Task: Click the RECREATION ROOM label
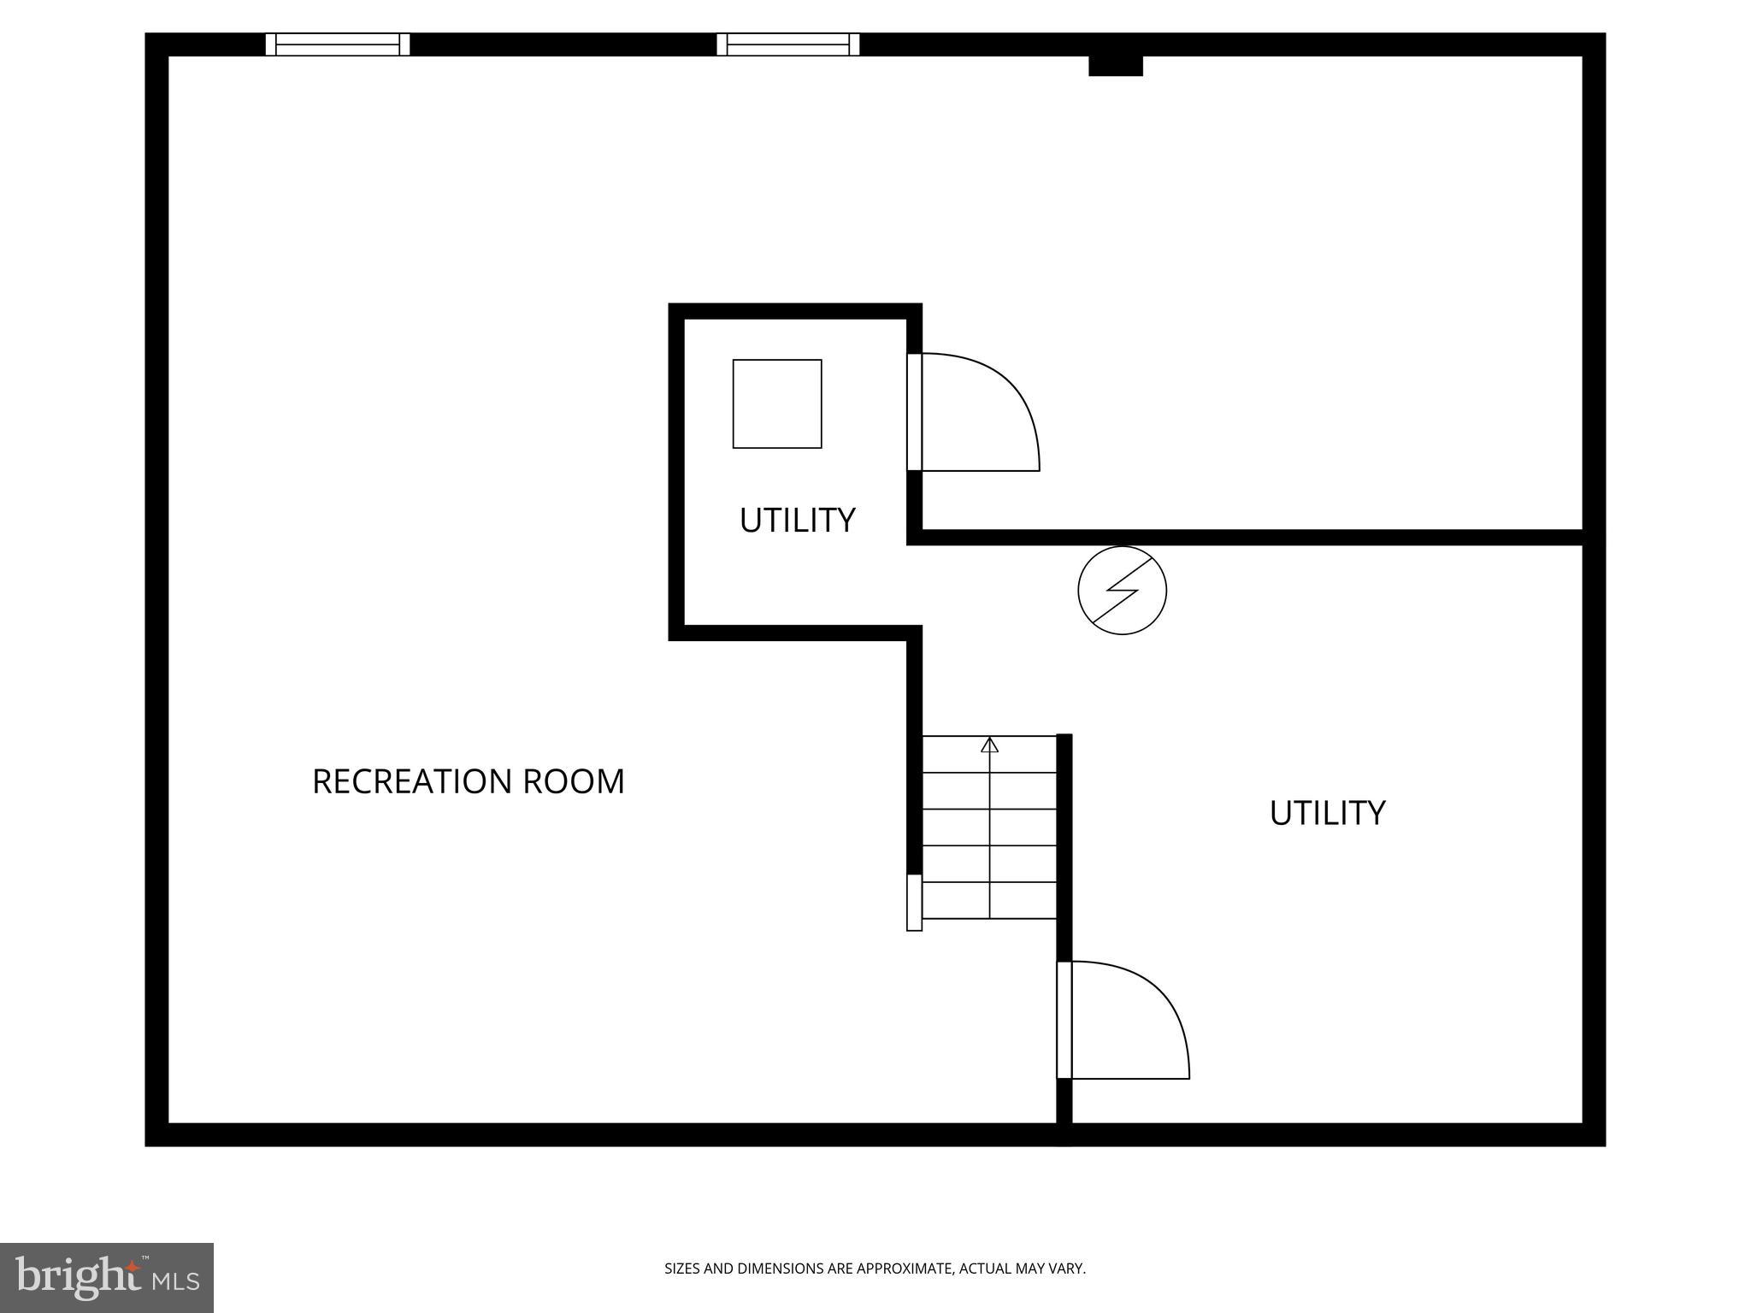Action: pyautogui.click(x=468, y=781)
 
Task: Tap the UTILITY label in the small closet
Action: pyautogui.click(x=797, y=521)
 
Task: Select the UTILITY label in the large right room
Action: pyautogui.click(x=1327, y=813)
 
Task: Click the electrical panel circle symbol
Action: pyautogui.click(x=1122, y=591)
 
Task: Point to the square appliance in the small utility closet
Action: pyautogui.click(x=776, y=403)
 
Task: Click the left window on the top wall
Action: pyautogui.click(x=338, y=44)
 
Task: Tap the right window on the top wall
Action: pyautogui.click(x=787, y=44)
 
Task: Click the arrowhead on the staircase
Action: pyautogui.click(x=989, y=745)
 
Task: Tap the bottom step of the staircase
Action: pyautogui.click(x=989, y=900)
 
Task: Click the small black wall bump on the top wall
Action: pyautogui.click(x=1115, y=66)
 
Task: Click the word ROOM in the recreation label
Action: pyautogui.click(x=574, y=781)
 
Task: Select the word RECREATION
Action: pyautogui.click(x=412, y=781)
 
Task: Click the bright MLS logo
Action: pyautogui.click(x=106, y=1277)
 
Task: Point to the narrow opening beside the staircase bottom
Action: pyautogui.click(x=914, y=903)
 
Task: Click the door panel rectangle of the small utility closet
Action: pyautogui.click(x=914, y=412)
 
